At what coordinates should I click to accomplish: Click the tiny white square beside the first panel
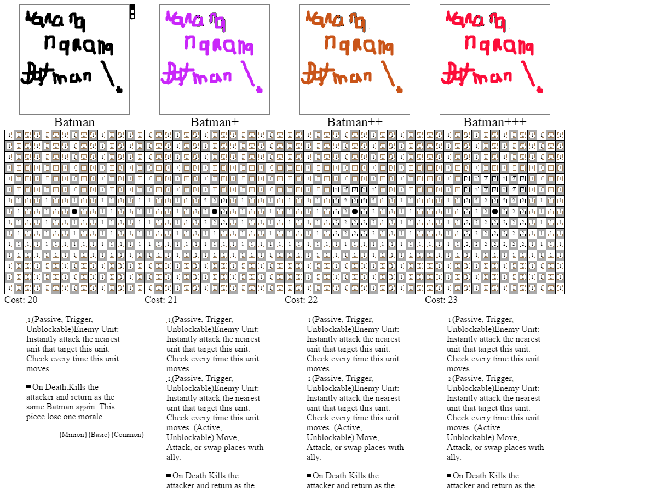[132, 11]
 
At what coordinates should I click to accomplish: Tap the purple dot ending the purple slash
[260, 90]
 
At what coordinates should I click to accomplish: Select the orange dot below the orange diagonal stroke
[400, 90]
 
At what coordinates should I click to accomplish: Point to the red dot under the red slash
[540, 90]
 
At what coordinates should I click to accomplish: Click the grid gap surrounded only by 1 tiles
[74, 212]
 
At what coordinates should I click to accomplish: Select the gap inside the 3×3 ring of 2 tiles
[214, 212]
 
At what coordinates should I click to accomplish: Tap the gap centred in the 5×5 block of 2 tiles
[354, 212]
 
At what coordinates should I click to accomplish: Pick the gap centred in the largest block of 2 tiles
[494, 212]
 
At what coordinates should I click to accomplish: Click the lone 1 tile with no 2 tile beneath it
[29, 320]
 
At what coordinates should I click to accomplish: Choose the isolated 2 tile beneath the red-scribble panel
[449, 379]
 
